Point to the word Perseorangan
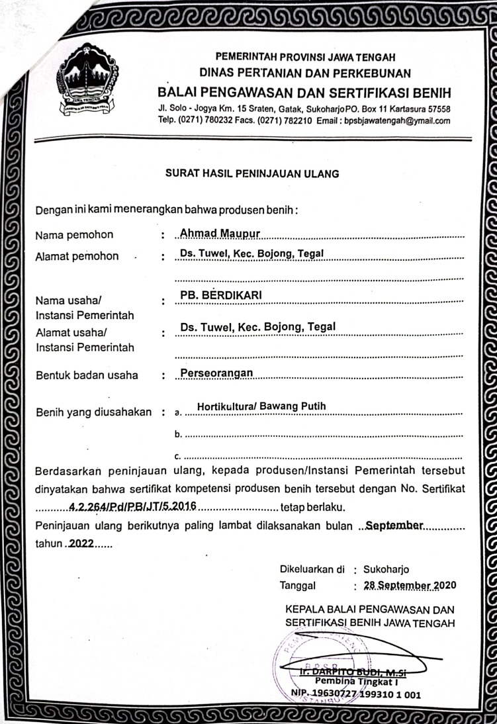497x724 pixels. tap(217, 373)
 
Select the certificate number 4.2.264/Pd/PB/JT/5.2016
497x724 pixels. tap(132, 508)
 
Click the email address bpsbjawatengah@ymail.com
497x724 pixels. tap(394, 121)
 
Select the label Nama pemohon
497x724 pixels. tap(74, 235)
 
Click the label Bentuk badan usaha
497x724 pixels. tap(87, 376)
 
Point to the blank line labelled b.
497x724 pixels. tap(323, 436)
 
